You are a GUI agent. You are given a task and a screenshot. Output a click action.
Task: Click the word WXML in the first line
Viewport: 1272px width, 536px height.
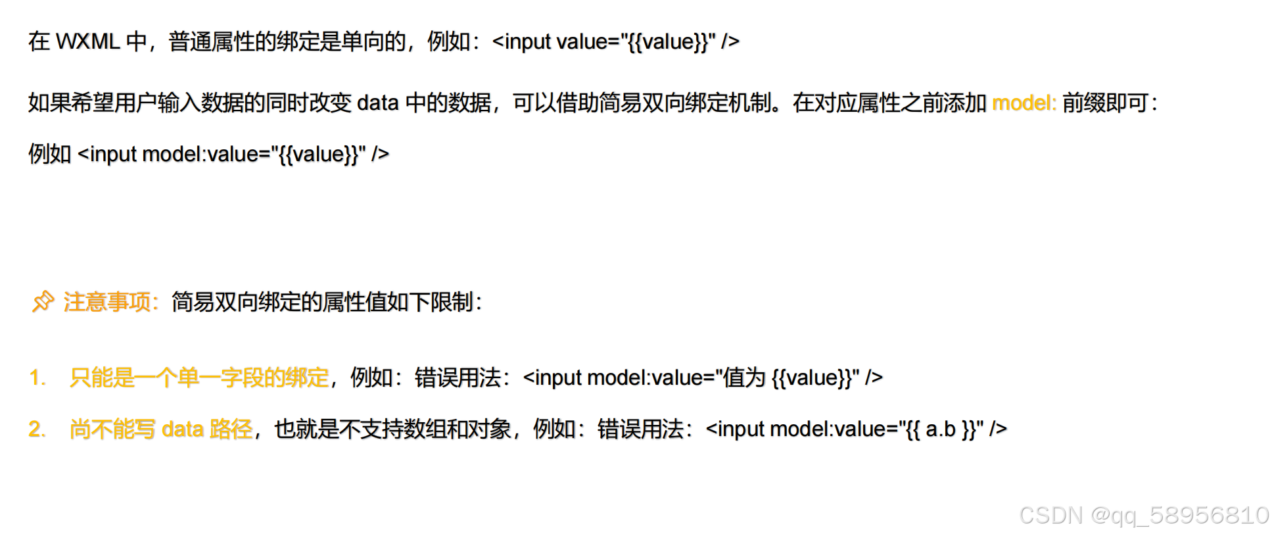click(87, 42)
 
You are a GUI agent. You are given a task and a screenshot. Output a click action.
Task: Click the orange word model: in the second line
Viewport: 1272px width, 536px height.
click(1024, 103)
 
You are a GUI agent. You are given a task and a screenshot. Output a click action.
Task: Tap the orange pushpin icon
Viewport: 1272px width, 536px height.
click(43, 302)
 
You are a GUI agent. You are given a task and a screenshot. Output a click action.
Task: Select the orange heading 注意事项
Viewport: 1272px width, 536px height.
click(108, 303)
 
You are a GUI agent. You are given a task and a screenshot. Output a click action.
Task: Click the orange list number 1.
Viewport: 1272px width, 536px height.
click(37, 378)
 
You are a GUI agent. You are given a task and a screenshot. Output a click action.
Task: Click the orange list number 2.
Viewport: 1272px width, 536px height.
click(37, 429)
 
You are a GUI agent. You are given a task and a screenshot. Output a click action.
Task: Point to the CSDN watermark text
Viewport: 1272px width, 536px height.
click(1050, 516)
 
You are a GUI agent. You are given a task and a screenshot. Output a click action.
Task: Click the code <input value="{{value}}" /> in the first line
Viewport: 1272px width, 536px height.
click(615, 42)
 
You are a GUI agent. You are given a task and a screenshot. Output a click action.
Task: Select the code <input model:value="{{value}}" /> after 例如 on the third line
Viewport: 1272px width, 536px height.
click(233, 155)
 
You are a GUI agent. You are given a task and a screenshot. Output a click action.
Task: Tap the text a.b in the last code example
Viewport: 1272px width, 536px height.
click(940, 429)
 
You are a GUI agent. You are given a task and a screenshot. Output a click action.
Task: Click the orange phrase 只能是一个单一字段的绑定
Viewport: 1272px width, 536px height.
click(199, 378)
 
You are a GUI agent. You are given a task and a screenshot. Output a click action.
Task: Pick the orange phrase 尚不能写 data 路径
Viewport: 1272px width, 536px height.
click(161, 429)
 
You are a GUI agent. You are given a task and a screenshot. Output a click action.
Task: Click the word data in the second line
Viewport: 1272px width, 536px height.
click(377, 103)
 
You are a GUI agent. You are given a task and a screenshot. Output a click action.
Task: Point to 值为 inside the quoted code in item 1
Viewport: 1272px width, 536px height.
click(744, 378)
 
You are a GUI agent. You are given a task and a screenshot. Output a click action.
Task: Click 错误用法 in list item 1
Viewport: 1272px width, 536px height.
click(458, 378)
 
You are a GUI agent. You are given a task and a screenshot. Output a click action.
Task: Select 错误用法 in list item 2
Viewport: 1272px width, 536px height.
click(640, 429)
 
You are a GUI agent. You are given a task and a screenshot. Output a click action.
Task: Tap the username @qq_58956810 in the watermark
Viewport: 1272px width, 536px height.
click(1179, 516)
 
